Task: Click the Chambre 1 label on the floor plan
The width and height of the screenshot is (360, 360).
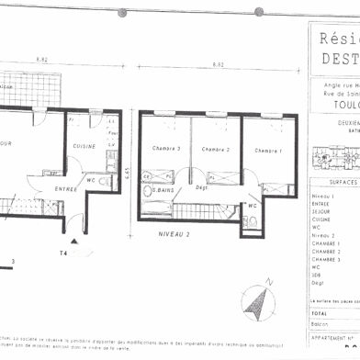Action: coord(268,150)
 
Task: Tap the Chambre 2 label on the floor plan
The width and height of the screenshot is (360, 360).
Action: coord(214,149)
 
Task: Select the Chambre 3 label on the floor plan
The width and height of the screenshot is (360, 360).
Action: coord(166,149)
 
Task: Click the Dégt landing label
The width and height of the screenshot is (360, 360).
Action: coord(203,188)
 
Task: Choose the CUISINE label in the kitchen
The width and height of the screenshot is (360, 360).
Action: coord(85,145)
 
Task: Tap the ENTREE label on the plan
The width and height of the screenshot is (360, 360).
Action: coord(65,188)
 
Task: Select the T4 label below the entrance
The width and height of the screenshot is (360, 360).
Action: coord(64,253)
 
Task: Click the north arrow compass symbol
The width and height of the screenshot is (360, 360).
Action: coord(259,298)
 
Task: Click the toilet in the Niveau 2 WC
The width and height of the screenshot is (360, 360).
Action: coord(251,221)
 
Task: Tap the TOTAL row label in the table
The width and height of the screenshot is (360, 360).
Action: coord(321,313)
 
